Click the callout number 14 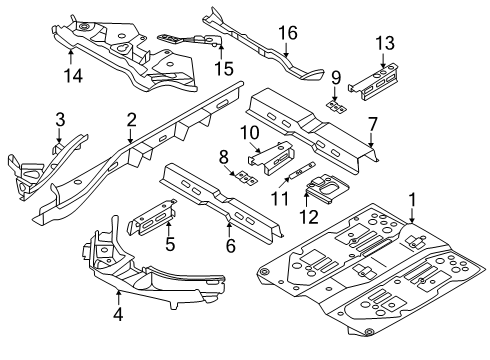click(73, 76)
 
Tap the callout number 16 click(288, 33)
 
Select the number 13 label click(385, 43)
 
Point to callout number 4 click(118, 314)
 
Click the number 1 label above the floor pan click(413, 200)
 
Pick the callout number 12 click(309, 217)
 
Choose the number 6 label click(230, 246)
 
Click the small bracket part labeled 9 click(336, 107)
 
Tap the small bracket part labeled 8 click(246, 178)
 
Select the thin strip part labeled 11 click(302, 171)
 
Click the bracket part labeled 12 click(327, 189)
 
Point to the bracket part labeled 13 click(374, 82)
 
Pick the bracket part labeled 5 click(152, 217)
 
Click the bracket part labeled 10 click(271, 158)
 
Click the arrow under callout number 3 click(59, 136)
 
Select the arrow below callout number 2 click(130, 136)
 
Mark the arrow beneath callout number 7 click(372, 140)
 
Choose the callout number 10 click(249, 133)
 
